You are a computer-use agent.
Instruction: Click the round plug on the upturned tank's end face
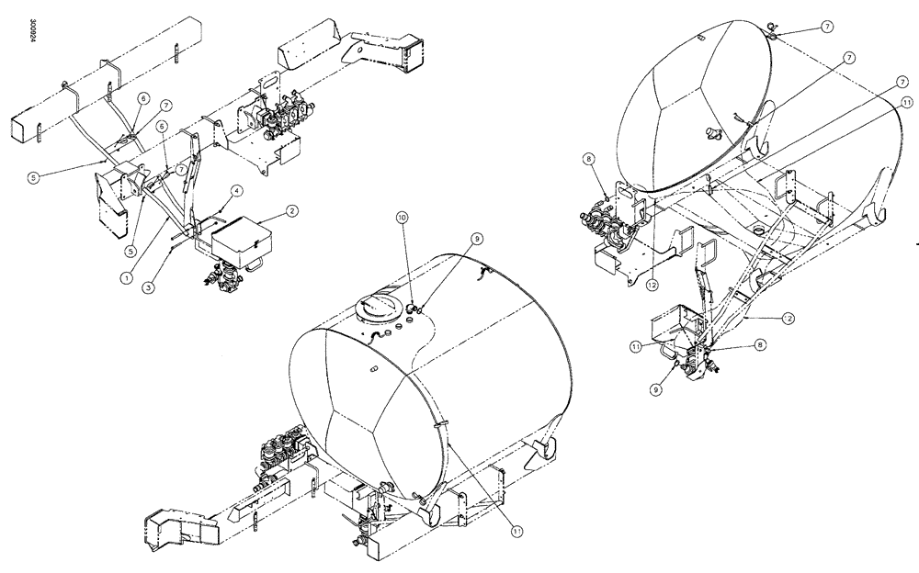tap(710, 134)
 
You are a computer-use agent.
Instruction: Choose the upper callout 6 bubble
tap(143, 97)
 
